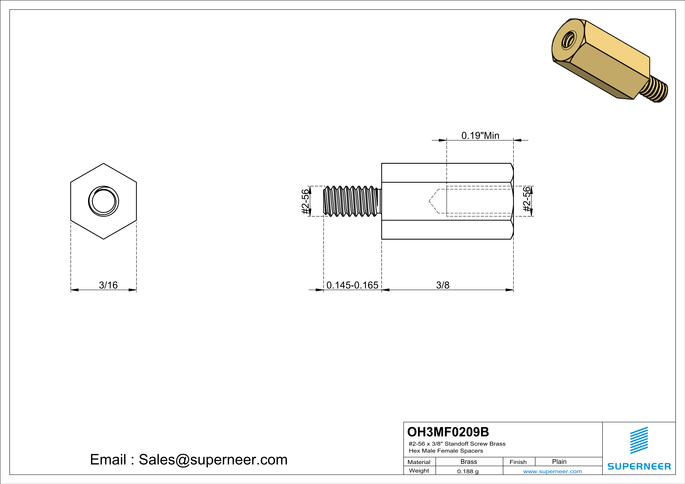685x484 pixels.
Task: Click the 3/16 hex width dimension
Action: (x=108, y=285)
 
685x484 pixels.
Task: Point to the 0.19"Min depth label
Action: (x=480, y=136)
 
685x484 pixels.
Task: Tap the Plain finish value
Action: (x=559, y=462)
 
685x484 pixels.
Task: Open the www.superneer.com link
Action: (x=552, y=472)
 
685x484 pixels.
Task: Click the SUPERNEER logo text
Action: (x=639, y=466)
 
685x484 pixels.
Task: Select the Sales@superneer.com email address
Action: (x=213, y=460)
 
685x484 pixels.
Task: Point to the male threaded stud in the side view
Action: (x=352, y=201)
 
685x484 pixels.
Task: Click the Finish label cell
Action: (x=518, y=462)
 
